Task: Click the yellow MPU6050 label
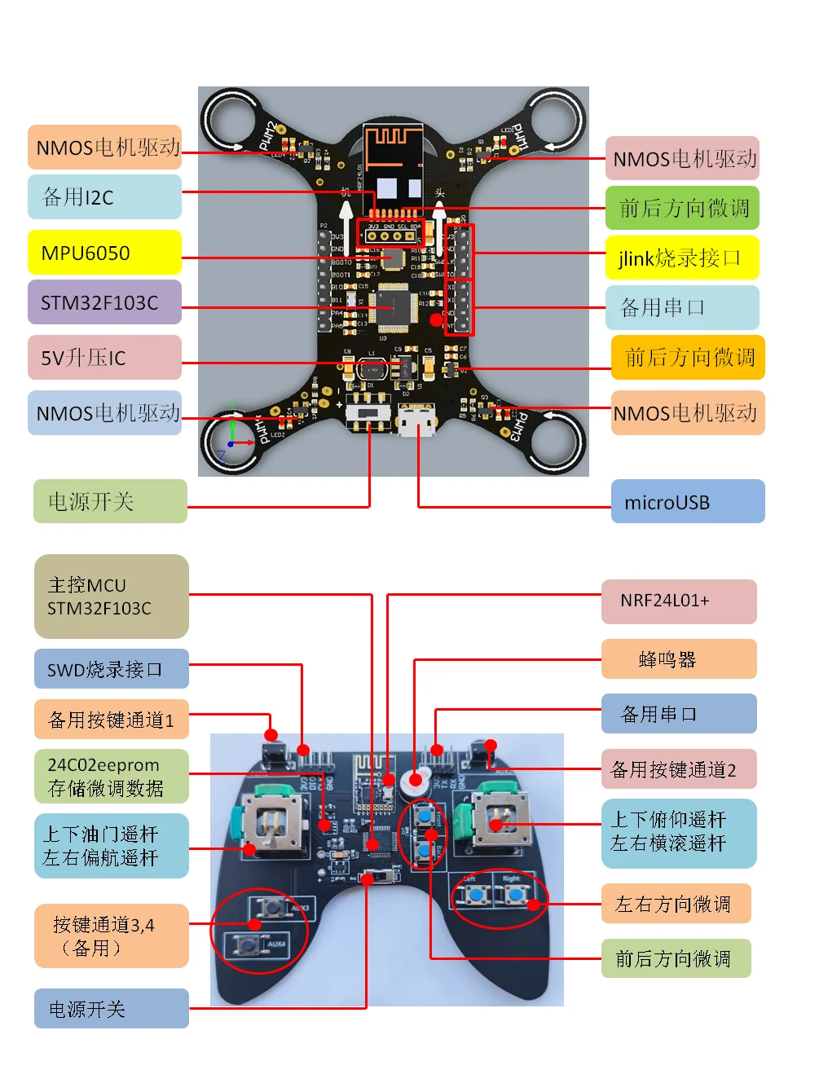coord(104,253)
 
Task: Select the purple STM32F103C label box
coord(104,302)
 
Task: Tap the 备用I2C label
coord(104,196)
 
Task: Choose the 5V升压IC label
coord(104,358)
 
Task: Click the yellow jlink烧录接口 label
coord(682,258)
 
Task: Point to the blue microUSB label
coord(687,501)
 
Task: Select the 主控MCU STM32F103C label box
coord(111,597)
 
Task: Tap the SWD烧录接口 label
coord(111,669)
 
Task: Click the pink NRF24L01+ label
coord(678,601)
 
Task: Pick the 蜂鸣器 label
coord(678,659)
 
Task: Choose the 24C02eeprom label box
coord(111,777)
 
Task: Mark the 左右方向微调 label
coord(676,904)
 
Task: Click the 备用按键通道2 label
coord(678,769)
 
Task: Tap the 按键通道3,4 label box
coord(111,936)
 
